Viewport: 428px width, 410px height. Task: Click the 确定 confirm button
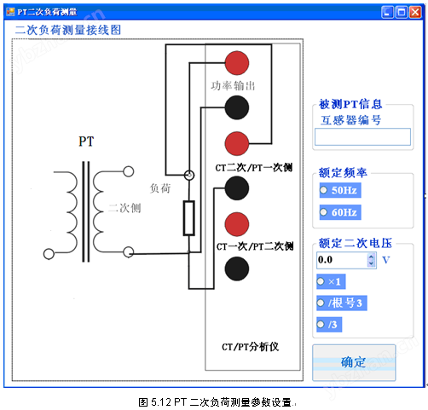coord(354,362)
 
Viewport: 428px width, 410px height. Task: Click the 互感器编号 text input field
coord(362,136)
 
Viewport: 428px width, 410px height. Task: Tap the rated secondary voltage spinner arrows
coord(371,260)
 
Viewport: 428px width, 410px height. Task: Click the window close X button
coord(415,12)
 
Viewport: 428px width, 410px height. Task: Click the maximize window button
coord(402,12)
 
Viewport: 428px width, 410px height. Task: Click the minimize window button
coord(387,12)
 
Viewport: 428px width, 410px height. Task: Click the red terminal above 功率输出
coord(237,63)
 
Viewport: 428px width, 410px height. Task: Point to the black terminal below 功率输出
coord(237,107)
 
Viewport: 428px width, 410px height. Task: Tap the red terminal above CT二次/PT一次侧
coord(237,143)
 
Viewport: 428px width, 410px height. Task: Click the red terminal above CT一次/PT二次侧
coord(237,224)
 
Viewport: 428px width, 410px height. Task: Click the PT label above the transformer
coord(86,141)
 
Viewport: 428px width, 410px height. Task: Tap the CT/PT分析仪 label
coord(250,347)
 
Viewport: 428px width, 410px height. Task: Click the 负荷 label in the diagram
coord(160,188)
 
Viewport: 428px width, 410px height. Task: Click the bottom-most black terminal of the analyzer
coord(237,269)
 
